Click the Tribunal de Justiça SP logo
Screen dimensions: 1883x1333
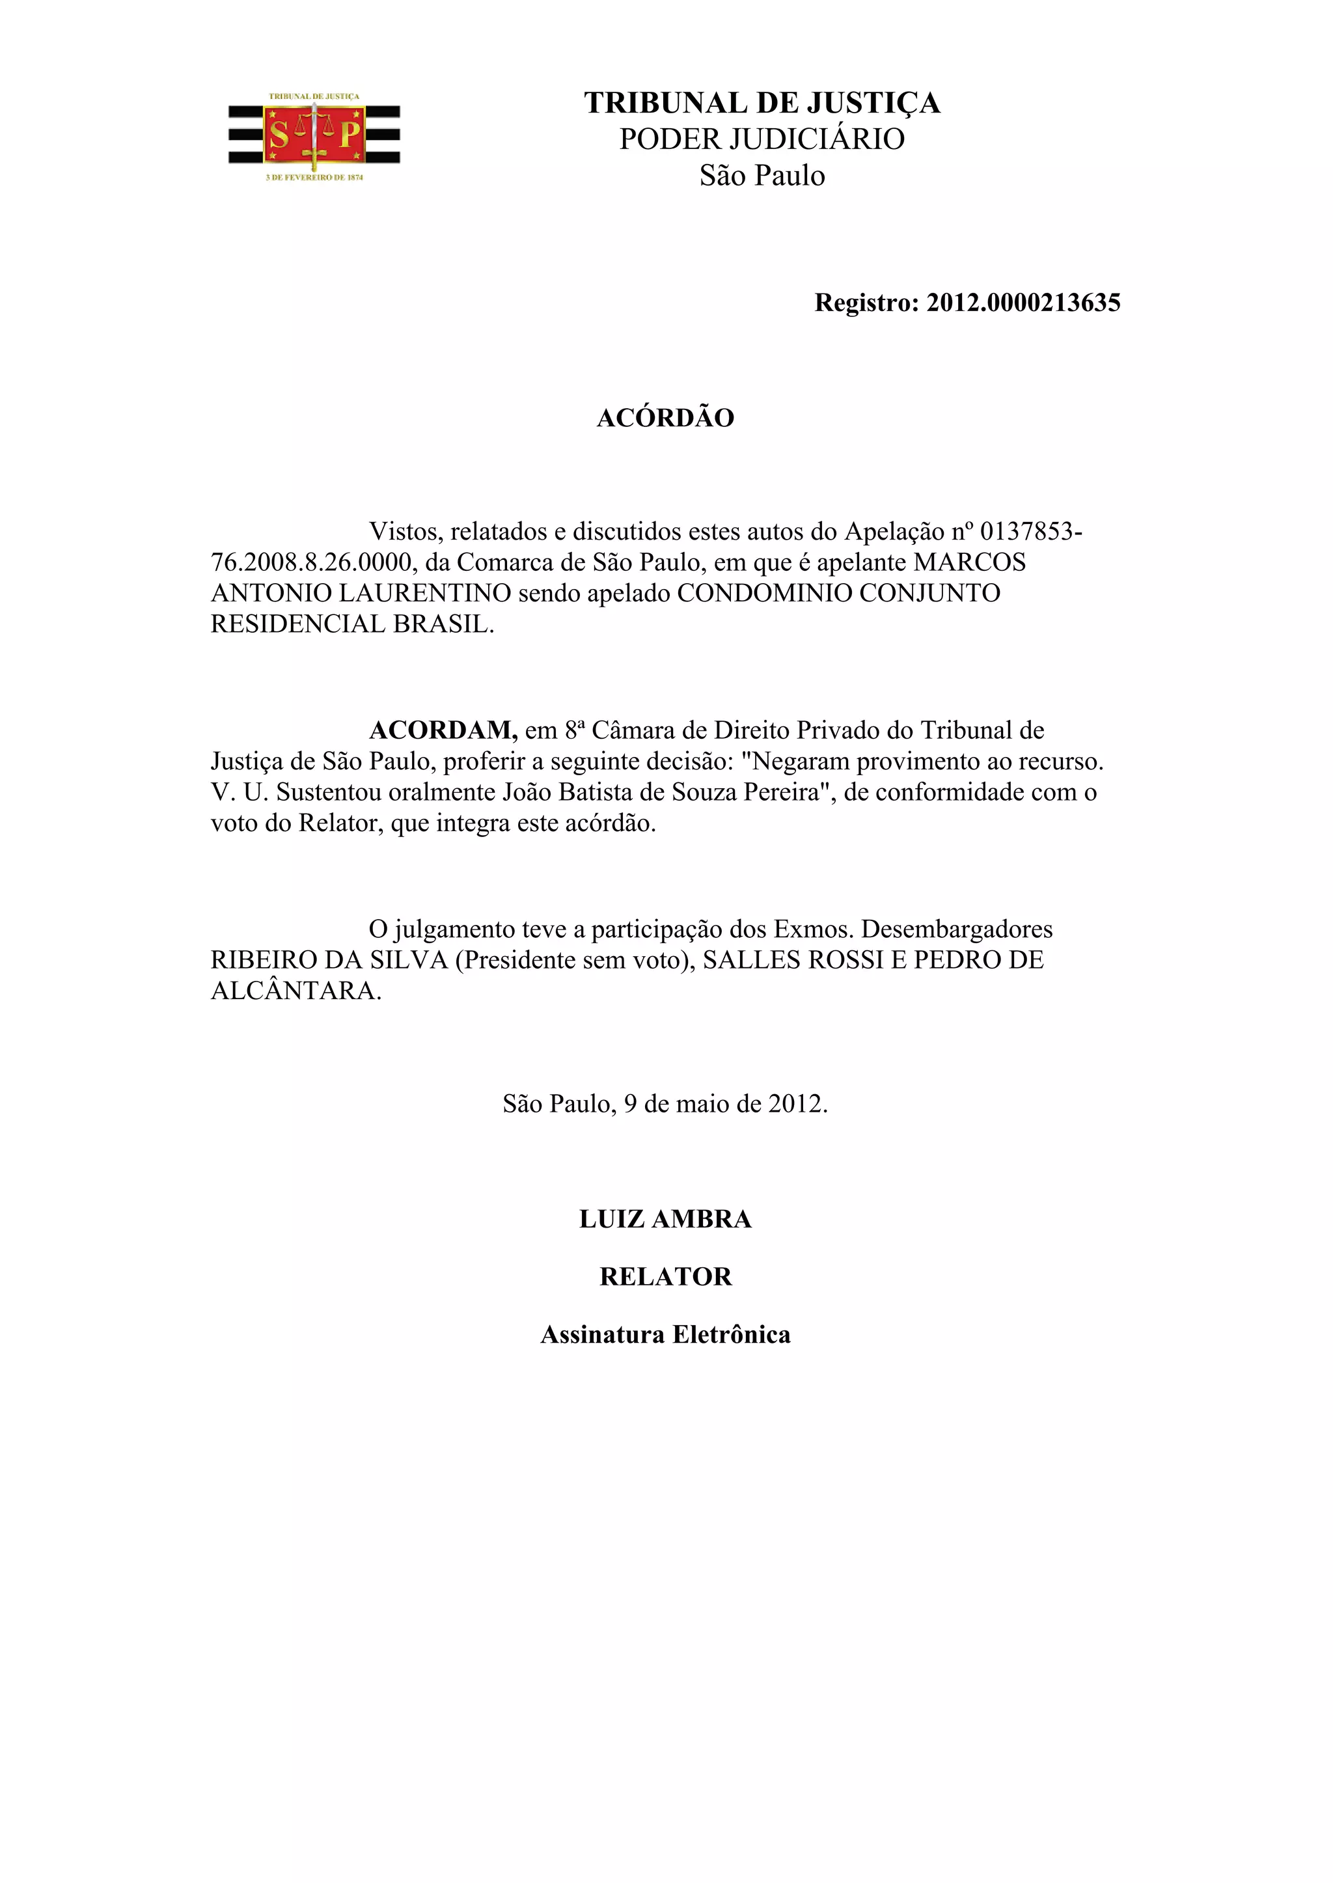pos(314,136)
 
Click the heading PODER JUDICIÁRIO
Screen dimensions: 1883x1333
pos(762,139)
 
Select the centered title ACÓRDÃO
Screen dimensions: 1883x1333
pos(665,418)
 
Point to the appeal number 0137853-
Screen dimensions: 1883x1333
pos(1031,532)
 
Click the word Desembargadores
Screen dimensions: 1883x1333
pos(956,929)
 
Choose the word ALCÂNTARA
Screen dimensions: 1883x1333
pos(295,991)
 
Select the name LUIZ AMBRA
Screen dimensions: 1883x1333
pos(665,1219)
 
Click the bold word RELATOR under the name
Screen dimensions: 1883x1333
pos(665,1276)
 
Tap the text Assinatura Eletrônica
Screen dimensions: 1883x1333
pos(665,1335)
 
